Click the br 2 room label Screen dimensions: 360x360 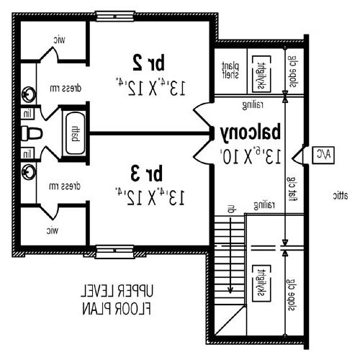pos(147,60)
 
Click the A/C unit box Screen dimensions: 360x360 pos(322,153)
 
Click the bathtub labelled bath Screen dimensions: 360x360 pos(75,132)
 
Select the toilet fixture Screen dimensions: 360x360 pos(30,133)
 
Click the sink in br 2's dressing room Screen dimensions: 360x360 pos(28,94)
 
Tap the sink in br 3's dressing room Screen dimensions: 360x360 pos(28,171)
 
